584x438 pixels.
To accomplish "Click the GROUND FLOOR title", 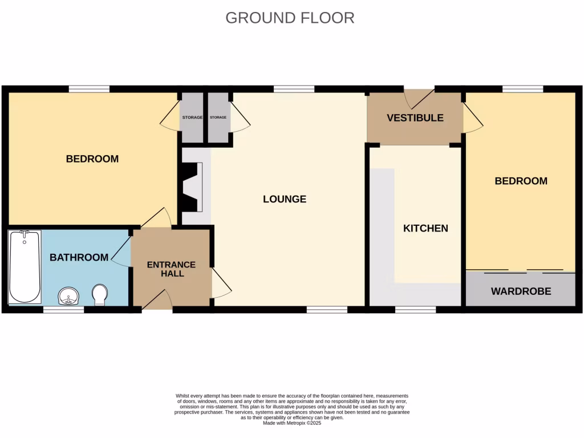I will pos(290,18).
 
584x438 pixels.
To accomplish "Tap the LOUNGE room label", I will pos(285,199).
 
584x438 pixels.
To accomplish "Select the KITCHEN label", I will pos(425,228).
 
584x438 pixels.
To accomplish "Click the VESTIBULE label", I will pos(415,118).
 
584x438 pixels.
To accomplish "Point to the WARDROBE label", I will pos(521,291).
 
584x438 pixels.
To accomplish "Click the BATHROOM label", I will pos(79,258).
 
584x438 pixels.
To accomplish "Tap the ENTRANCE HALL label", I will pos(172,269).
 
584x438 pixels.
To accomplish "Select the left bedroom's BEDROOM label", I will pos(92,159).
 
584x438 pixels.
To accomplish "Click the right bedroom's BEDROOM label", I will pos(521,181).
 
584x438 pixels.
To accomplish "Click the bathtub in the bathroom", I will pos(25,266).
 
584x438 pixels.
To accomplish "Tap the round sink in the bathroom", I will pos(70,296).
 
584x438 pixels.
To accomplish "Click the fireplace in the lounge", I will pos(192,187).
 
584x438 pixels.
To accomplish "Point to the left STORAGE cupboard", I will pos(192,117).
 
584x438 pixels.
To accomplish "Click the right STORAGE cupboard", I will pos(218,117).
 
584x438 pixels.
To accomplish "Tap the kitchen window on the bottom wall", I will pos(416,310).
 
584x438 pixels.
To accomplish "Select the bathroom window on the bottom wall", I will pos(64,310).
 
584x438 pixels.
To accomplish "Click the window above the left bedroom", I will pos(89,88).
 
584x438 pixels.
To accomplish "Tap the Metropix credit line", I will pos(292,423).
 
